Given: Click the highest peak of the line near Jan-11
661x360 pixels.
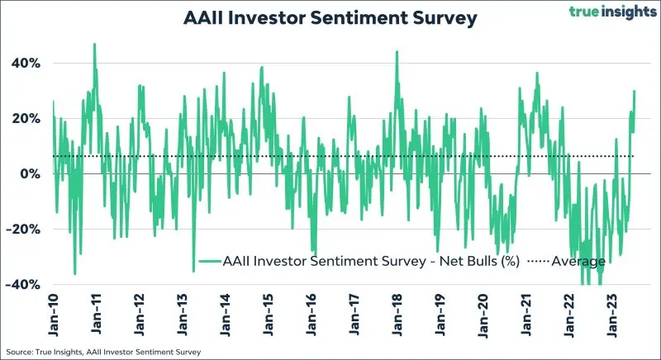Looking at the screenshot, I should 95,44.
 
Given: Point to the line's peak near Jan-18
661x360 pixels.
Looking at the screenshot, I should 397,51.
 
